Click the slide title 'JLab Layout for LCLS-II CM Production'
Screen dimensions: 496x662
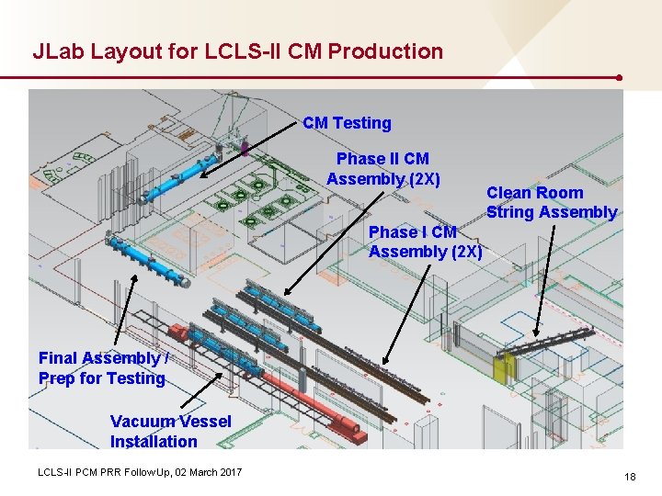[237, 51]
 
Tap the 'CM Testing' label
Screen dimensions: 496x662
[347, 123]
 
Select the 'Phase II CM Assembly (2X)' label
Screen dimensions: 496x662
[382, 169]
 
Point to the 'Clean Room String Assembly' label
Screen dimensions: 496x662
[551, 202]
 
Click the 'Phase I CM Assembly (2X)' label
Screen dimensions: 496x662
[425, 242]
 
